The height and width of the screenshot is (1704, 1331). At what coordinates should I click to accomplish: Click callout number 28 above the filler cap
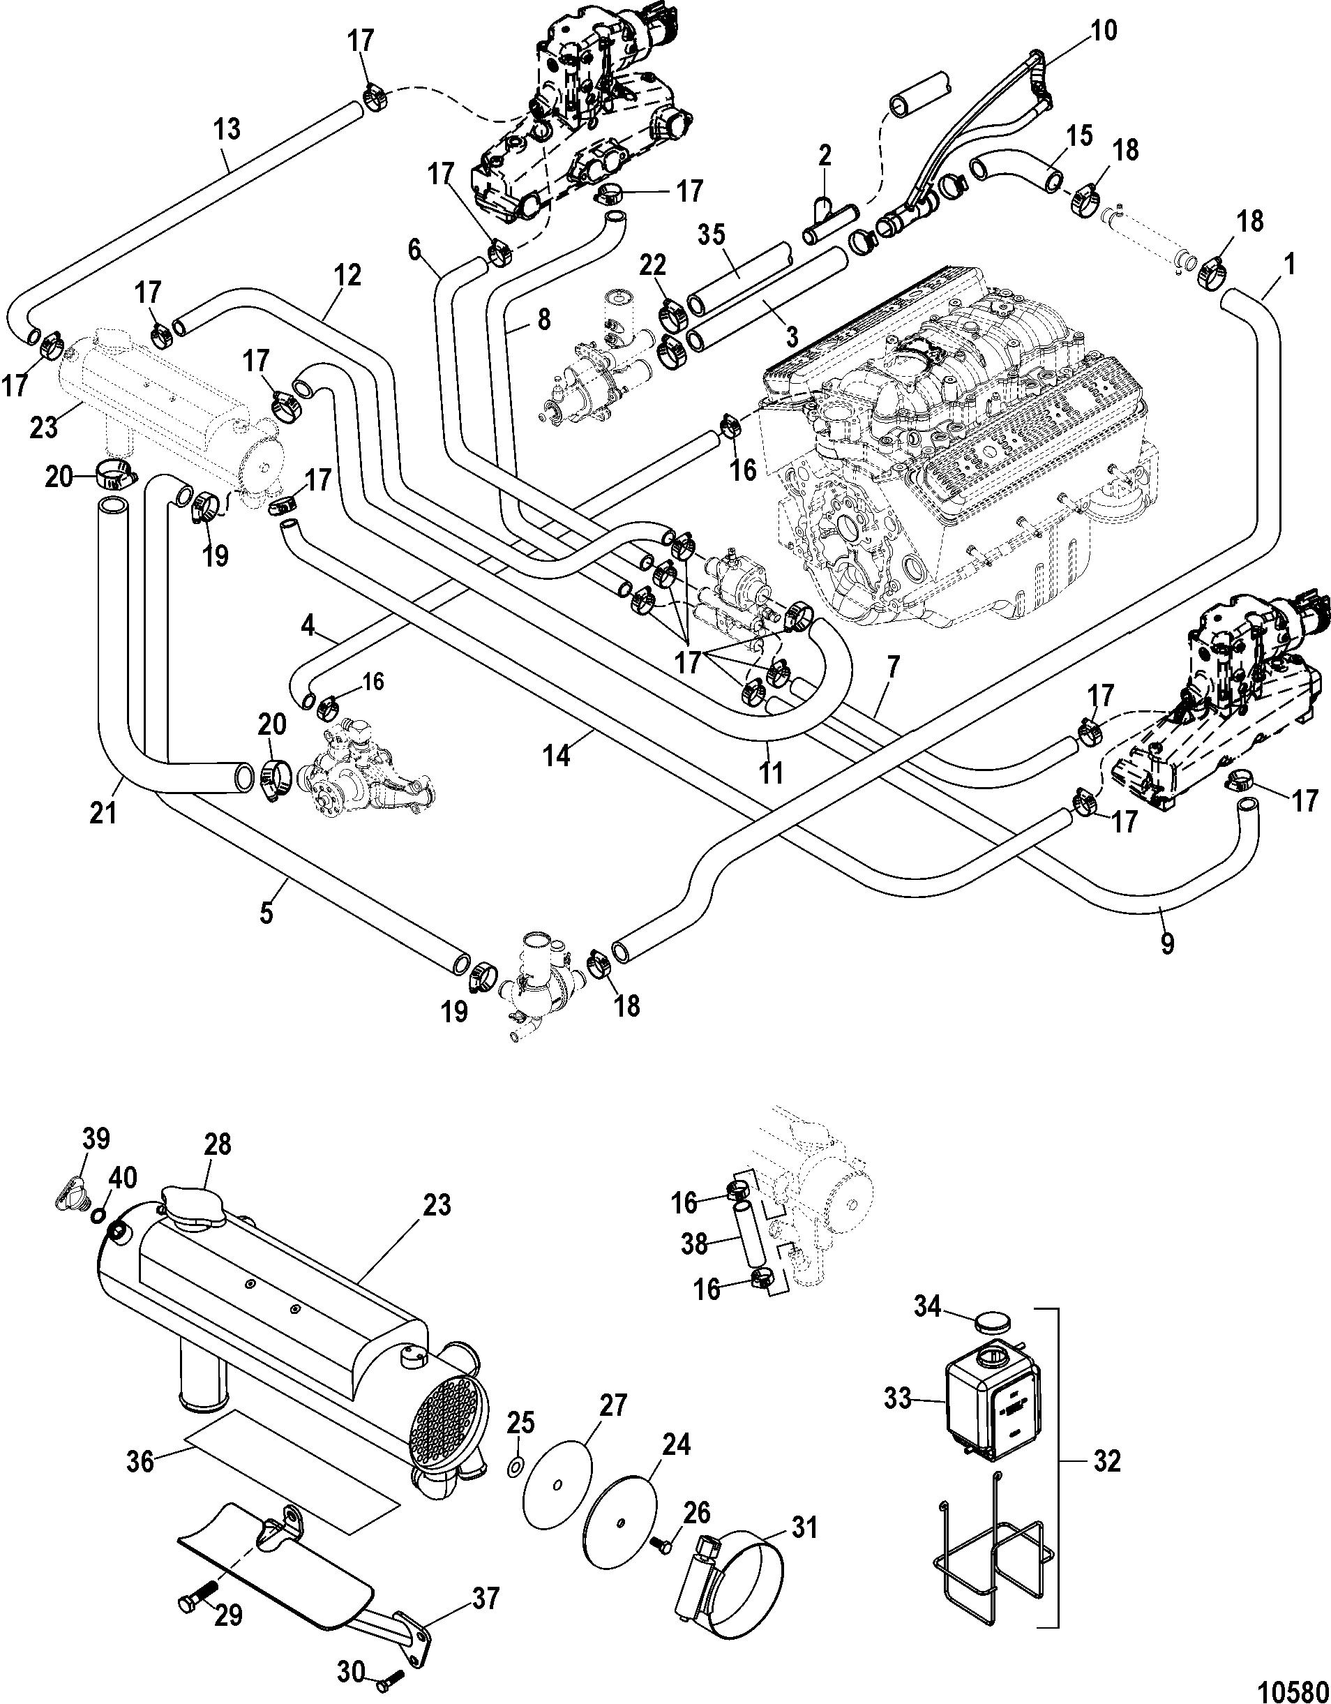coord(219,1145)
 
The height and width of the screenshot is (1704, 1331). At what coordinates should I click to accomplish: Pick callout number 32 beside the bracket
coord(1102,1460)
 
